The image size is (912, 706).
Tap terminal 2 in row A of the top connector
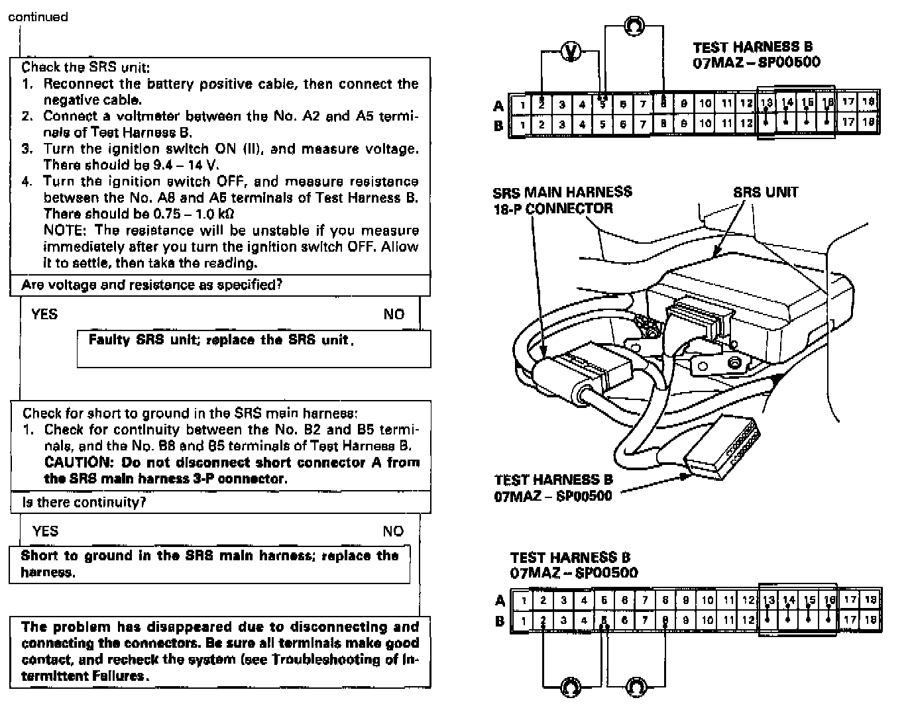[x=541, y=104]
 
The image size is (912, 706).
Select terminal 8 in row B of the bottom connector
[x=665, y=621]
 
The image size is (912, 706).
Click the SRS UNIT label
[x=766, y=192]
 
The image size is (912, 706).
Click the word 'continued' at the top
[x=38, y=17]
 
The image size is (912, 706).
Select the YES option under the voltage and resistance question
[x=44, y=314]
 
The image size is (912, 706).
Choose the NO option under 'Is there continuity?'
[x=393, y=530]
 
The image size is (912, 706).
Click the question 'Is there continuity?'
[x=84, y=502]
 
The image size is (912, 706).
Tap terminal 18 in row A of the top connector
[x=869, y=102]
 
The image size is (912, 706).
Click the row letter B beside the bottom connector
[x=500, y=621]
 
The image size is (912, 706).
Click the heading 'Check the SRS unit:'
[x=85, y=67]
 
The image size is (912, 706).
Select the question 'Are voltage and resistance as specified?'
[x=152, y=285]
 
